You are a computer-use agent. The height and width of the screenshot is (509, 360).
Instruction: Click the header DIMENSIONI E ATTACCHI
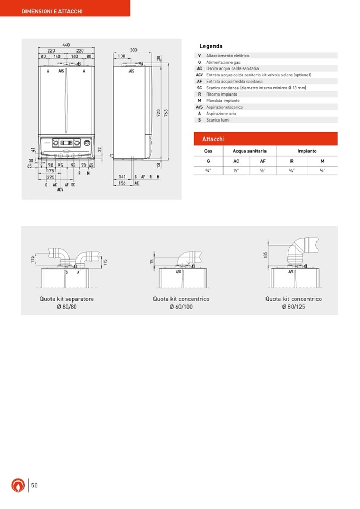point(52,11)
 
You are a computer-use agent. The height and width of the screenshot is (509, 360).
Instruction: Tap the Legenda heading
point(211,46)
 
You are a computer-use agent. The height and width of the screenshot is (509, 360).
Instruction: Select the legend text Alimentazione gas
point(223,62)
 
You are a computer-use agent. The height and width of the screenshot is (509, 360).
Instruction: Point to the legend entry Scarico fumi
point(218,120)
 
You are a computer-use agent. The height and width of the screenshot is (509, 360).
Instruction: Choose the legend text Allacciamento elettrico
point(227,56)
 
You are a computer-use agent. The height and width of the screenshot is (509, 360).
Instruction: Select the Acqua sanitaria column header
point(250,151)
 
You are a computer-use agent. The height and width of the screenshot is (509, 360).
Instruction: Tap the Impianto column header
point(307,151)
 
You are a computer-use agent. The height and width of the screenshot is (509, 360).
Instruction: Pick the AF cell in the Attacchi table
point(263,161)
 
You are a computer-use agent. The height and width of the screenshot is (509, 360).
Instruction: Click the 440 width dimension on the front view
point(66,45)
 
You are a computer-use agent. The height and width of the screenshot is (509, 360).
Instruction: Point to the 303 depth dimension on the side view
point(133,50)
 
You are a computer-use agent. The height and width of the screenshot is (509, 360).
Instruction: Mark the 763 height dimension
point(166,113)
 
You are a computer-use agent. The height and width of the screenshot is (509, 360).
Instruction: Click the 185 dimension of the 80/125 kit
point(265,255)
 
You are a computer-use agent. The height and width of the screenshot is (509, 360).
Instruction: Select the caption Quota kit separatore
point(67,299)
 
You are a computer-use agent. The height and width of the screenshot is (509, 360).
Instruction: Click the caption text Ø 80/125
point(294,307)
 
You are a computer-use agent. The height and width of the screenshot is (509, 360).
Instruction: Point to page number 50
point(34,485)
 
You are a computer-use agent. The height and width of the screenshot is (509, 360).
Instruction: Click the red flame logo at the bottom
point(18,485)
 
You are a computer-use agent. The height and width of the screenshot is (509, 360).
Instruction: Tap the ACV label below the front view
point(60,189)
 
